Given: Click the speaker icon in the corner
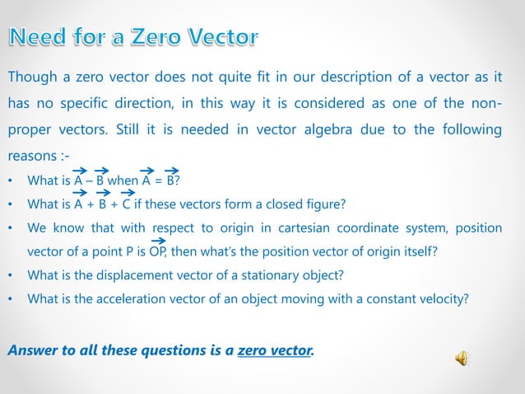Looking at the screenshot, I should [462, 358].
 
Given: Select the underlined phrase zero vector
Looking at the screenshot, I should [275, 351].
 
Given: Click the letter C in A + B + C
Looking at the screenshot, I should [128, 204].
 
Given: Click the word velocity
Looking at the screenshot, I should [444, 298].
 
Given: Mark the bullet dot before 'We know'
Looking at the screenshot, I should [11, 228].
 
